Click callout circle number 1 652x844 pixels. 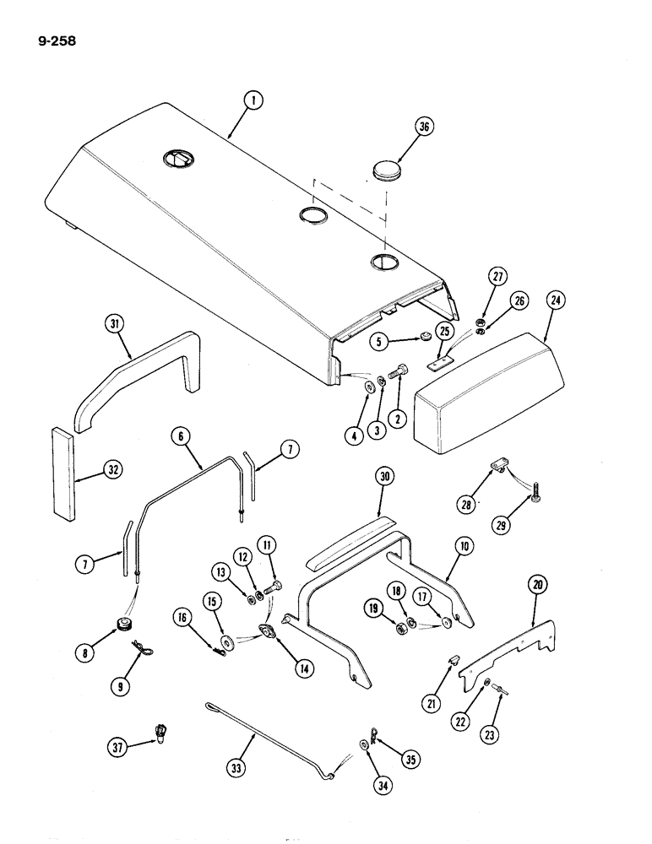click(251, 103)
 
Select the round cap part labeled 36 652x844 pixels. click(388, 170)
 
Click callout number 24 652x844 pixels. click(557, 301)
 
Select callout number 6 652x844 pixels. click(179, 436)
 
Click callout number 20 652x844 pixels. click(535, 584)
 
